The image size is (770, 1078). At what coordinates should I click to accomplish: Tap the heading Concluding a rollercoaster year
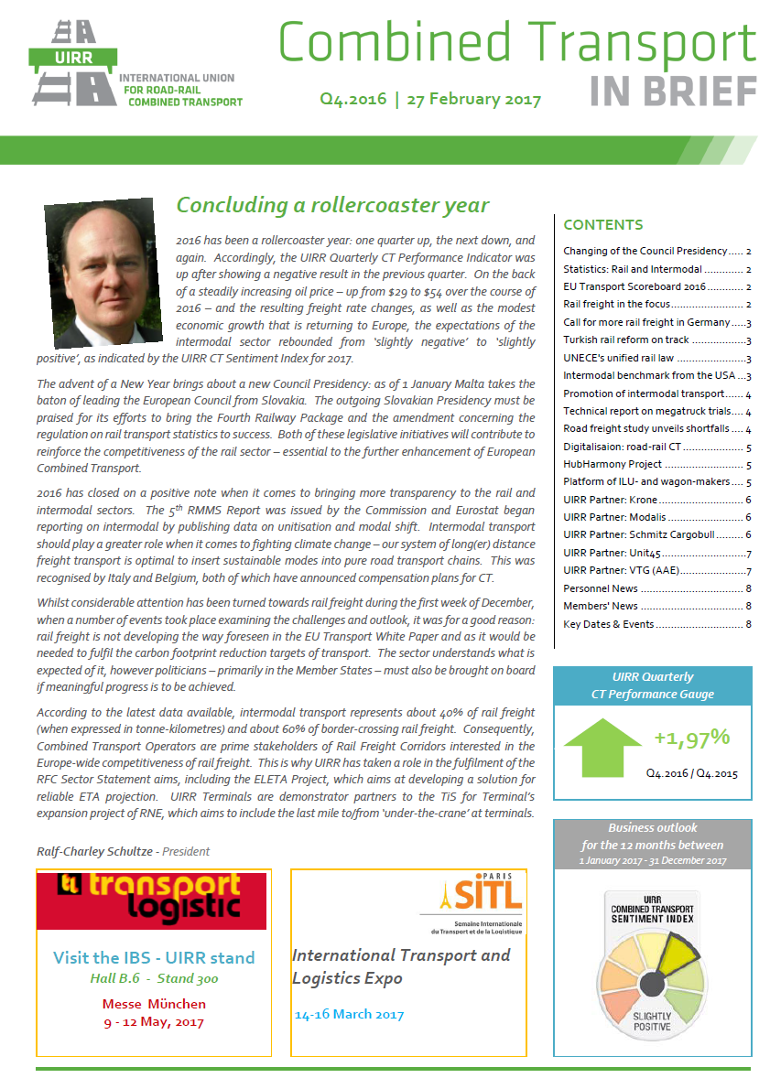(332, 206)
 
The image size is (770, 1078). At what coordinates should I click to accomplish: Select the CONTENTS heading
(602, 225)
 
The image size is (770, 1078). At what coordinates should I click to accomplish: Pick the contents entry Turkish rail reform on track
(626, 340)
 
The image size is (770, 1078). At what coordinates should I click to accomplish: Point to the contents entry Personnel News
(601, 589)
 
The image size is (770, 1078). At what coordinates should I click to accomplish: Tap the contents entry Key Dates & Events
(609, 624)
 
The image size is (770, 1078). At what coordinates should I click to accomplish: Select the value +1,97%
(691, 738)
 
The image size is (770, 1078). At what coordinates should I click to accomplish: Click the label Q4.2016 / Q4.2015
(691, 773)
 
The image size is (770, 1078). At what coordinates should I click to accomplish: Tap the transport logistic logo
(151, 900)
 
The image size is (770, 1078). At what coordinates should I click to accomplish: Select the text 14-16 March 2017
(349, 1014)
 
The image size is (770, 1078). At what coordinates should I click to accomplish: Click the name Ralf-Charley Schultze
(95, 851)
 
